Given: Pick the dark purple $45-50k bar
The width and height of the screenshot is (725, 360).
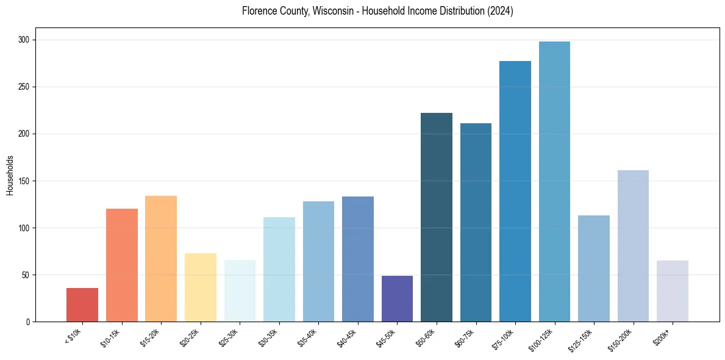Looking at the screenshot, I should click(x=397, y=298).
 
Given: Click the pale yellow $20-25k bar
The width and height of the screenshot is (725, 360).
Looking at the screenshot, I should click(x=201, y=287).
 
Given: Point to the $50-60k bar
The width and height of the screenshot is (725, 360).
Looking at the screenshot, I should click(x=437, y=217).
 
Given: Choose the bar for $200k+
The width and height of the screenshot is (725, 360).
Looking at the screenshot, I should click(x=673, y=290).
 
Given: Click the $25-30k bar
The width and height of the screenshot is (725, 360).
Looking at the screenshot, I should click(x=240, y=290).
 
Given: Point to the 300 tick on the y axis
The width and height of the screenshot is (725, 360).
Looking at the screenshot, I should click(x=27, y=40).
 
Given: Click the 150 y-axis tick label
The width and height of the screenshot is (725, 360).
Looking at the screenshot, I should click(x=27, y=181).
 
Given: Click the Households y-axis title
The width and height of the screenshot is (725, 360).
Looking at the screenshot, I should click(x=10, y=175).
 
